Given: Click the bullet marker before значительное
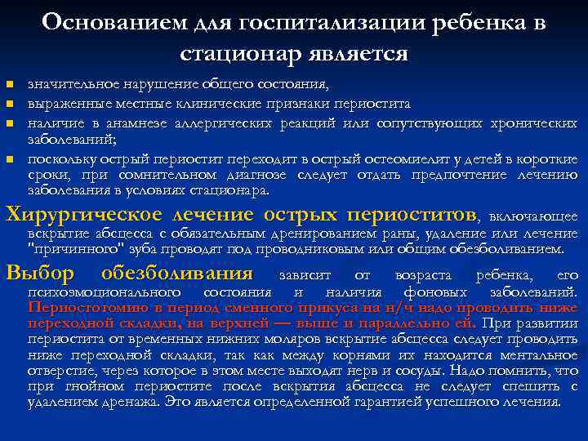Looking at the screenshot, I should pyautogui.click(x=10, y=85).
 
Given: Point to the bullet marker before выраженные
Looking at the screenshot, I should pyautogui.click(x=10, y=105).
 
